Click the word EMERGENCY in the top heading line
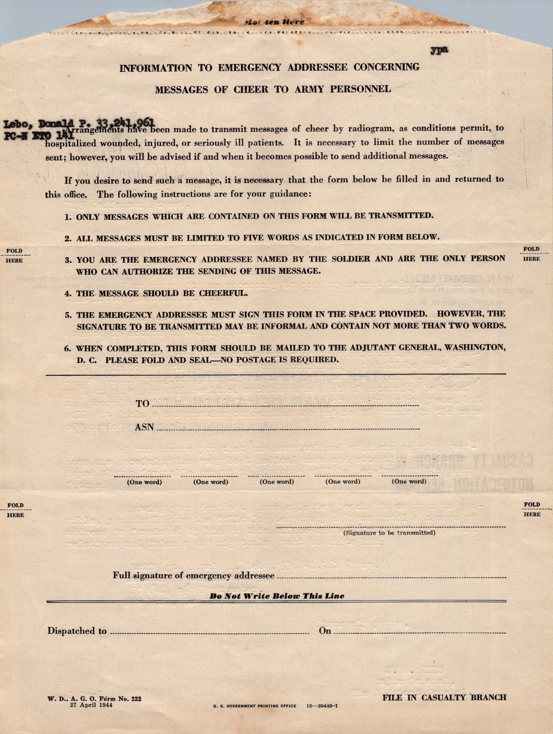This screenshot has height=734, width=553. (249, 67)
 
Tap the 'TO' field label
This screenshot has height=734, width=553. (143, 404)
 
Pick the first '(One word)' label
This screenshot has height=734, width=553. (144, 482)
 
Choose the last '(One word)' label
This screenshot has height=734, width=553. (409, 481)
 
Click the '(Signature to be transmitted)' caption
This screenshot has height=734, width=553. (389, 533)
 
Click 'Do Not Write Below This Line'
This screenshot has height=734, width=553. (277, 596)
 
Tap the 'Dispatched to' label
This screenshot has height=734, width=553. (77, 631)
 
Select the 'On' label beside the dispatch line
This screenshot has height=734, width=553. (325, 631)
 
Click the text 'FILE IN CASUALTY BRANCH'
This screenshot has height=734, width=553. (444, 697)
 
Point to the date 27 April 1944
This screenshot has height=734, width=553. (91, 705)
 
